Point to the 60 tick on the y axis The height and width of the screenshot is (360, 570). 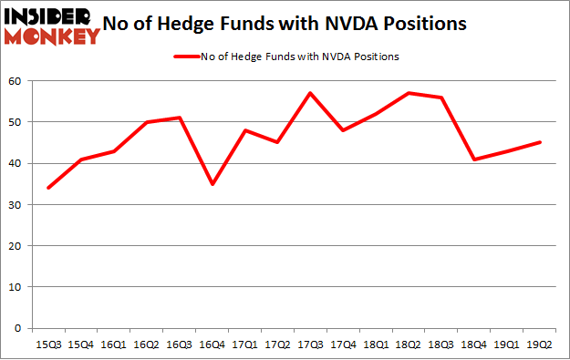click(x=17, y=81)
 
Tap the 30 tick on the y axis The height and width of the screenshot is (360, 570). click(x=17, y=205)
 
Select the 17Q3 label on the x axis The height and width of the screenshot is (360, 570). click(x=309, y=345)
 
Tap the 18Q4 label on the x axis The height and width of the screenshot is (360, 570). click(x=473, y=345)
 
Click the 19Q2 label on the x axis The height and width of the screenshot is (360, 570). click(x=538, y=345)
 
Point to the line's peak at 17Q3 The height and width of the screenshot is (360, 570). click(x=309, y=93)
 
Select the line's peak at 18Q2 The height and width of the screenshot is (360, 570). click(x=408, y=93)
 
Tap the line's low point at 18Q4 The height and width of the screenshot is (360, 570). click(x=473, y=159)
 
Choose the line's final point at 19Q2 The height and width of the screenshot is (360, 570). click(x=538, y=142)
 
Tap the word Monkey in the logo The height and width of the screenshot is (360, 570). click(x=53, y=36)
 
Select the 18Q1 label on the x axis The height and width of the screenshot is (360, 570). click(x=375, y=345)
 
